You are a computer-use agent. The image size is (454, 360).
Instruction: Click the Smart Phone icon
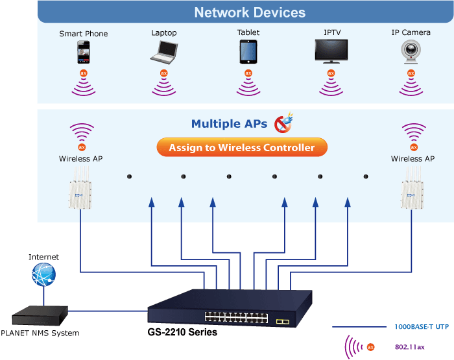(x=84, y=52)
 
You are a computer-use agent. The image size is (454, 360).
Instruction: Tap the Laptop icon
(x=164, y=52)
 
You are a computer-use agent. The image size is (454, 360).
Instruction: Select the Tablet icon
(x=248, y=52)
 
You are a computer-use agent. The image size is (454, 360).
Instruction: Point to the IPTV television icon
(x=331, y=51)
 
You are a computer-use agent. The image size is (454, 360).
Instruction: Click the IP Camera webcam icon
(x=411, y=52)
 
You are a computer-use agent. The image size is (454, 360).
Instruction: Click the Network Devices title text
(x=250, y=12)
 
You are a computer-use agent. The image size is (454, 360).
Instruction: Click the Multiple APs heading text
(x=229, y=124)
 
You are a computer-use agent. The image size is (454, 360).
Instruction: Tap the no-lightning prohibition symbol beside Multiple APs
(x=284, y=123)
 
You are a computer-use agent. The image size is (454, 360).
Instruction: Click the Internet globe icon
(x=43, y=274)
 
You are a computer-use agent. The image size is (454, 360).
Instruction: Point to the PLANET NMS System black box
(x=40, y=316)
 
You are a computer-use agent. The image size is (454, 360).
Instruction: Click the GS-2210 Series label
(x=182, y=332)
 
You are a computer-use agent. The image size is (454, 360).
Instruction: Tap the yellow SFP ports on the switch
(x=283, y=322)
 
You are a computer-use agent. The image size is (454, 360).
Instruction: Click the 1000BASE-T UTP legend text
(x=422, y=327)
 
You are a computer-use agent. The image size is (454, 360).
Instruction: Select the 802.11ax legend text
(x=410, y=347)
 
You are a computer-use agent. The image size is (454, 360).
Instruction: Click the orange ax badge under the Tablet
(x=248, y=73)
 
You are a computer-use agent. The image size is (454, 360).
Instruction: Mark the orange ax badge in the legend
(x=370, y=347)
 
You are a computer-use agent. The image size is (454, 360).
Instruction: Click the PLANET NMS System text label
(x=40, y=333)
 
